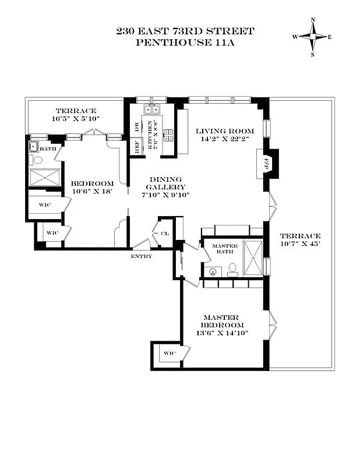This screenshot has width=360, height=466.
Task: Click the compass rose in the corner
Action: (312, 37)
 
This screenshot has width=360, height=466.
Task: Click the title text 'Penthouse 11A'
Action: (185, 43)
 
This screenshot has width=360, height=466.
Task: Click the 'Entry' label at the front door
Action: (142, 256)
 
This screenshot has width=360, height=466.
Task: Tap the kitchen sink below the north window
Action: (152, 109)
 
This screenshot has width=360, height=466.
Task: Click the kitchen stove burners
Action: (168, 135)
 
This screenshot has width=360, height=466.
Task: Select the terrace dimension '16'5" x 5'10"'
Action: (76, 119)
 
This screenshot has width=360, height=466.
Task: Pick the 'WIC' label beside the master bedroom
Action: (170, 354)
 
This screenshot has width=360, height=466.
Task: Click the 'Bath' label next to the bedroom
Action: (48, 149)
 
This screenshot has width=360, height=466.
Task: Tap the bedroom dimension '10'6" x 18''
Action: (91, 190)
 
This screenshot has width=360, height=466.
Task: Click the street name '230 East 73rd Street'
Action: (185, 31)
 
